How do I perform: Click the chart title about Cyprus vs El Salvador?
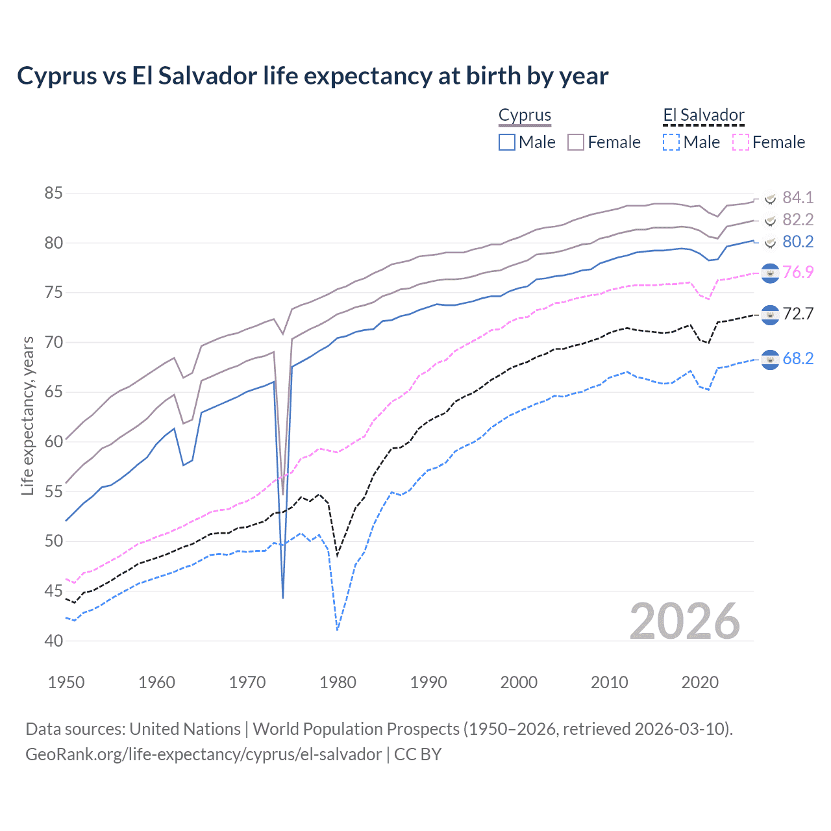pyautogui.click(x=312, y=76)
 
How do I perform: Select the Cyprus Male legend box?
pyautogui.click(x=507, y=142)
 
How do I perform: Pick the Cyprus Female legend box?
pyautogui.click(x=576, y=142)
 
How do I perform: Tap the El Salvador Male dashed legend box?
pyautogui.click(x=672, y=142)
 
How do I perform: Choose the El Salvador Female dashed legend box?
pyautogui.click(x=741, y=142)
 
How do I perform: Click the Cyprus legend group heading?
pyautogui.click(x=525, y=116)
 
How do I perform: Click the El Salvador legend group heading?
pyautogui.click(x=703, y=116)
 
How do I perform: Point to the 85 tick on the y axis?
pyautogui.click(x=54, y=193)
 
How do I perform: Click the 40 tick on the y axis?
pyautogui.click(x=54, y=641)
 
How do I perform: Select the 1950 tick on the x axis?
pyautogui.click(x=66, y=682)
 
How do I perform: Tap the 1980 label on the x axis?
pyautogui.click(x=338, y=682)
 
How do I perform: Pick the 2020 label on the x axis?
pyautogui.click(x=700, y=682)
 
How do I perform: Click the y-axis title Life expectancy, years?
pyautogui.click(x=27, y=415)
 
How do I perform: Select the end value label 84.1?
pyautogui.click(x=797, y=197)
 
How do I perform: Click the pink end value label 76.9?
pyautogui.click(x=797, y=272)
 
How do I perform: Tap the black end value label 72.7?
pyautogui.click(x=797, y=314)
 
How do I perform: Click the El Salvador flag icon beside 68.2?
pyautogui.click(x=770, y=359)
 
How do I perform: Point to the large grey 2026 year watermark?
pyautogui.click(x=684, y=621)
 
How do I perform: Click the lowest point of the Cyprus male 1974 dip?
pyautogui.click(x=283, y=597)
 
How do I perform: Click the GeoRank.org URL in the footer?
pyautogui.click(x=203, y=754)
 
